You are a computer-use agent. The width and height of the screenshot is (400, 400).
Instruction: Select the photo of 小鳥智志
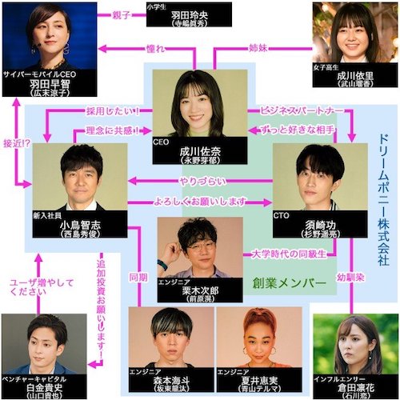[79, 176]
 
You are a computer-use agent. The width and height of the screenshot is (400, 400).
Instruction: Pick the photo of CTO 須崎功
[312, 176]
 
